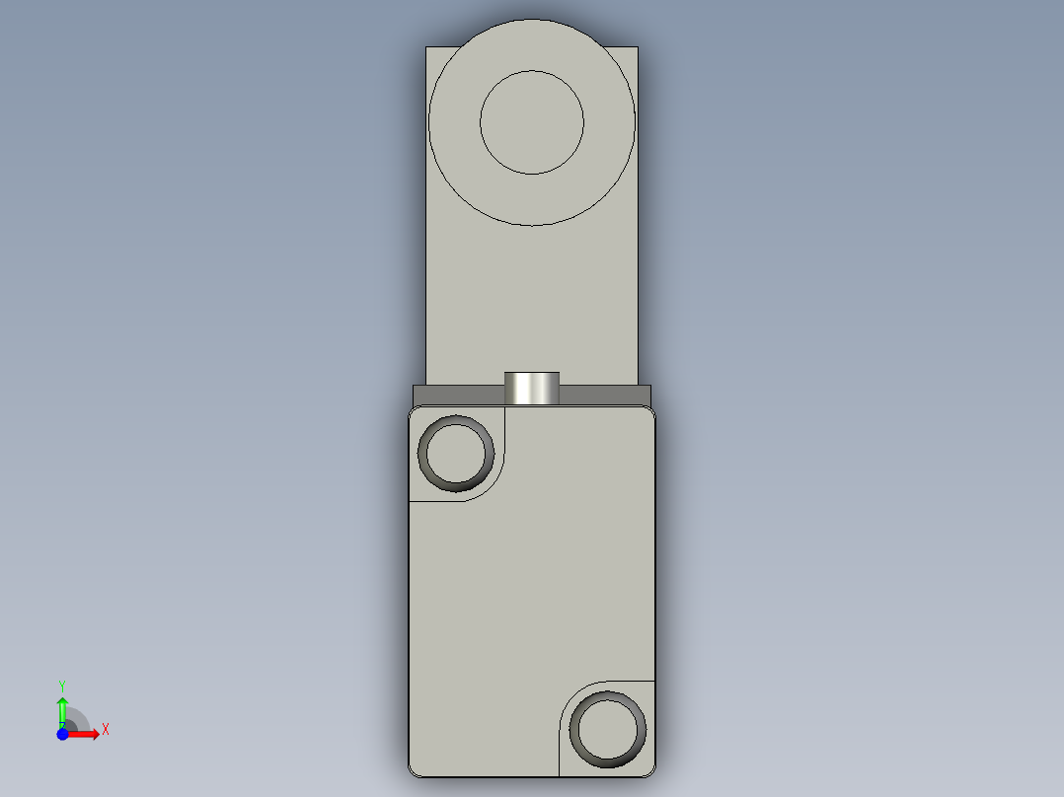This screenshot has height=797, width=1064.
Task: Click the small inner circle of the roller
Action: tap(531, 122)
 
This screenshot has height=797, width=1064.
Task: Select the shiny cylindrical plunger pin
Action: tap(531, 388)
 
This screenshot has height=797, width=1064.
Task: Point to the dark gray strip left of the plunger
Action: tap(458, 396)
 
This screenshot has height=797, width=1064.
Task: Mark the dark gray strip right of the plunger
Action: tap(605, 396)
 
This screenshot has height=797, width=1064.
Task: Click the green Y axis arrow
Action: tap(62, 708)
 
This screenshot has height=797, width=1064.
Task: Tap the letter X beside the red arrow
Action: tap(106, 730)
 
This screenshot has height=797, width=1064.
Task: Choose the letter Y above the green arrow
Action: tap(62, 685)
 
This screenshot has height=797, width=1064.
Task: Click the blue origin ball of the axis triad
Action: tap(62, 734)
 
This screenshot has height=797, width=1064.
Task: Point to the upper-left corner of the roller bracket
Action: tap(427, 49)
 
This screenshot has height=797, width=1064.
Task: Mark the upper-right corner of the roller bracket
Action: tap(636, 49)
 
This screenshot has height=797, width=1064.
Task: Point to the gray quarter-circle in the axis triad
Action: tap(77, 720)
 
